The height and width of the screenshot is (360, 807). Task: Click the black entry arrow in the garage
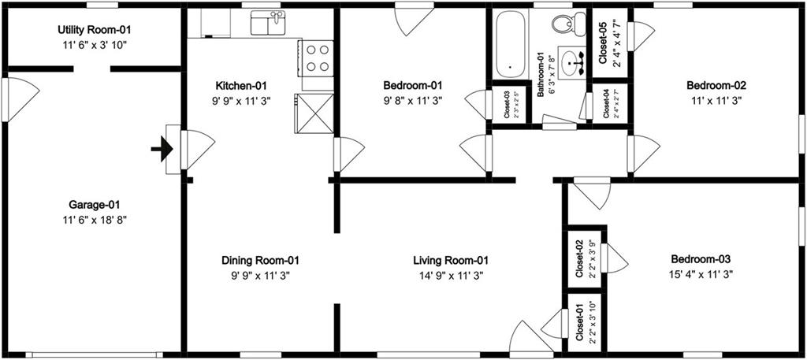click(x=162, y=149)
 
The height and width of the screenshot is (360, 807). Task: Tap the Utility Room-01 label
click(x=93, y=30)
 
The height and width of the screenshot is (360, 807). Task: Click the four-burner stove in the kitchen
click(x=318, y=58)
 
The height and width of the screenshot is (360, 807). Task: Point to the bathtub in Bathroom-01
click(x=510, y=44)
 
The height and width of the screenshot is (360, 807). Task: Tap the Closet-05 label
click(x=604, y=43)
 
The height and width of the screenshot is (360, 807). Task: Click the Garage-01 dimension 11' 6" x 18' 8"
click(x=93, y=220)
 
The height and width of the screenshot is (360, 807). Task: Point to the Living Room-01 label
click(x=451, y=261)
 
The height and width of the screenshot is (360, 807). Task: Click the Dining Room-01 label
click(x=260, y=261)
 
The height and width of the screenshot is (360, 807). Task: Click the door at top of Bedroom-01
click(x=415, y=20)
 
